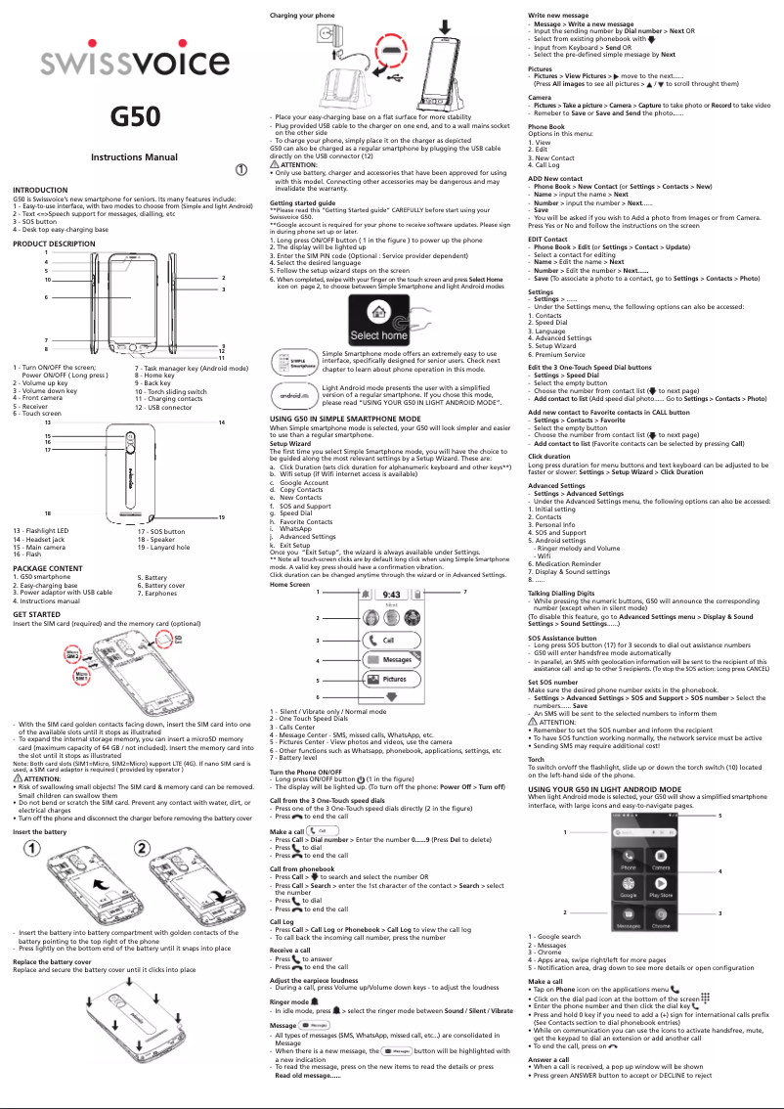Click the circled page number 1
point(240,168)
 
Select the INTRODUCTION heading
point(40,190)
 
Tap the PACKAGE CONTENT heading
point(48,567)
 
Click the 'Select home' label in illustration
point(379,335)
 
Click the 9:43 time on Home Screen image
point(390,594)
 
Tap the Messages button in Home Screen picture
point(396,659)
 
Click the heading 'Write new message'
point(558,16)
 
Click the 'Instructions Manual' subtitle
point(134,157)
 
